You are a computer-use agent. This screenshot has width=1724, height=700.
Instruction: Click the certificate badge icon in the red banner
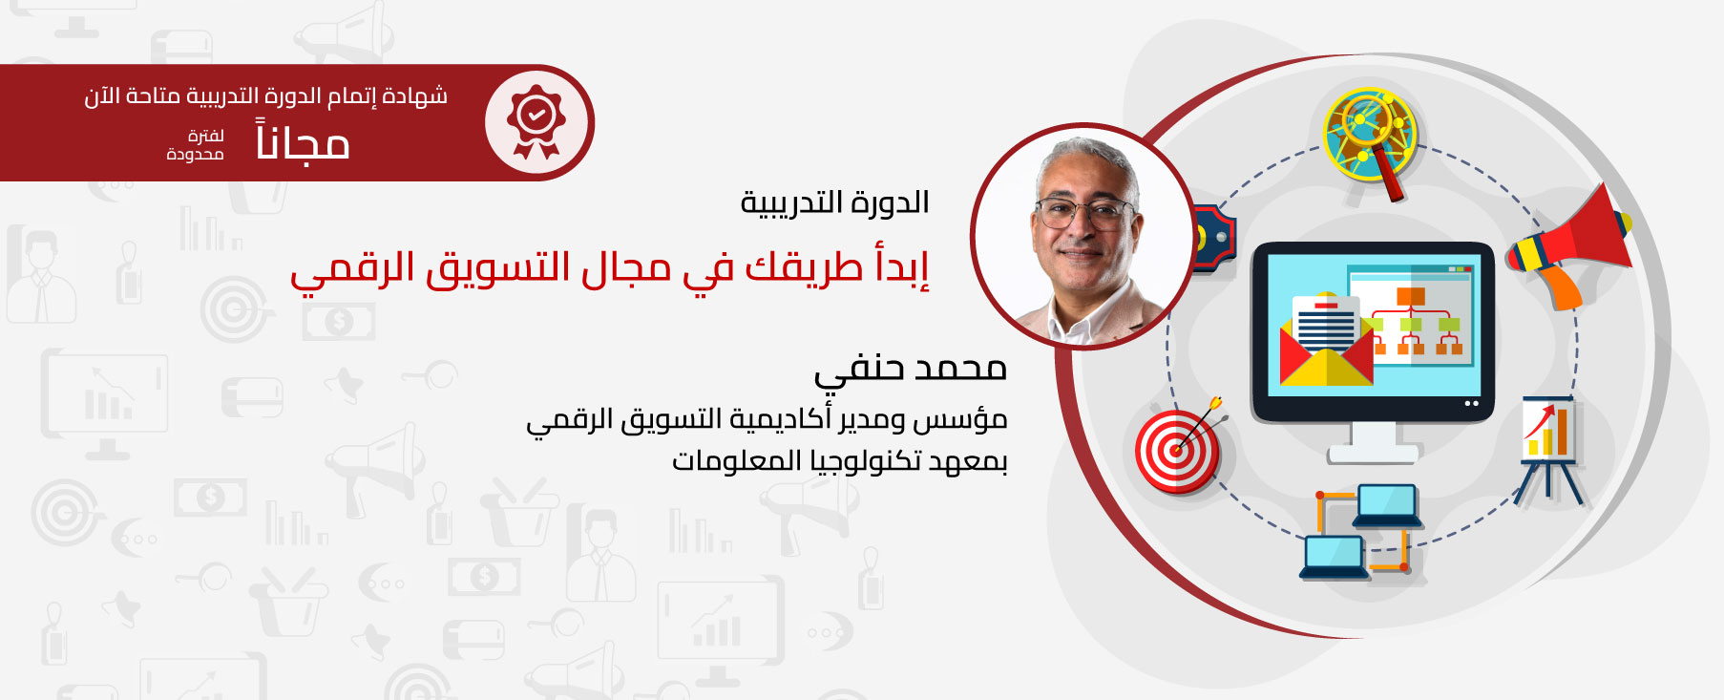pos(536,122)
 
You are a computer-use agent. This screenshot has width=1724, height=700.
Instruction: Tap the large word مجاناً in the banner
pos(303,141)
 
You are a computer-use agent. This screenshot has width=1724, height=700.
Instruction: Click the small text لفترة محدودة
pos(196,145)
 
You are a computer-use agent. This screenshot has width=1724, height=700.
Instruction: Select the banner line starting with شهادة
pos(265,95)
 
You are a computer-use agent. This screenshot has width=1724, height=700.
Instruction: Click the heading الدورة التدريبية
pos(835,202)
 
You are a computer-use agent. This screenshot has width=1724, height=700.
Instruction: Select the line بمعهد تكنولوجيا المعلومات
pos(840,461)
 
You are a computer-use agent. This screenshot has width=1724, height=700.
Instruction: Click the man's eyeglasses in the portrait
pos(1084,211)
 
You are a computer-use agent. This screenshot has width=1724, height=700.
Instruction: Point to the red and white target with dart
pos(1178,447)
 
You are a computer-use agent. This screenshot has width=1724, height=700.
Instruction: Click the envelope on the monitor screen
pos(1325,341)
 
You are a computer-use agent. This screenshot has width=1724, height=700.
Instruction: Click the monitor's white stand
pos(1373,444)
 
